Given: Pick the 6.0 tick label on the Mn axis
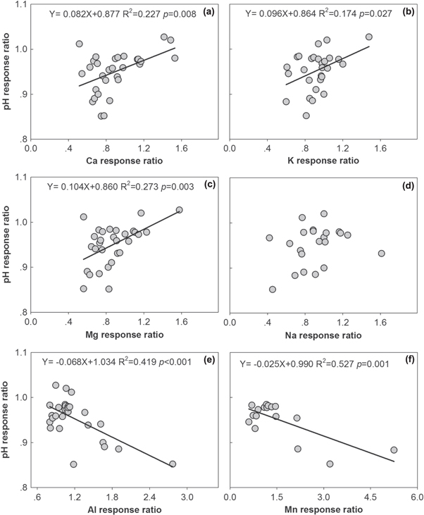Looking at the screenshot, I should [416, 497].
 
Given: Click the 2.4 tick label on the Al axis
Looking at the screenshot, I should [149, 497].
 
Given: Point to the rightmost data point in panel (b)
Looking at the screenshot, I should [368, 37].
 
